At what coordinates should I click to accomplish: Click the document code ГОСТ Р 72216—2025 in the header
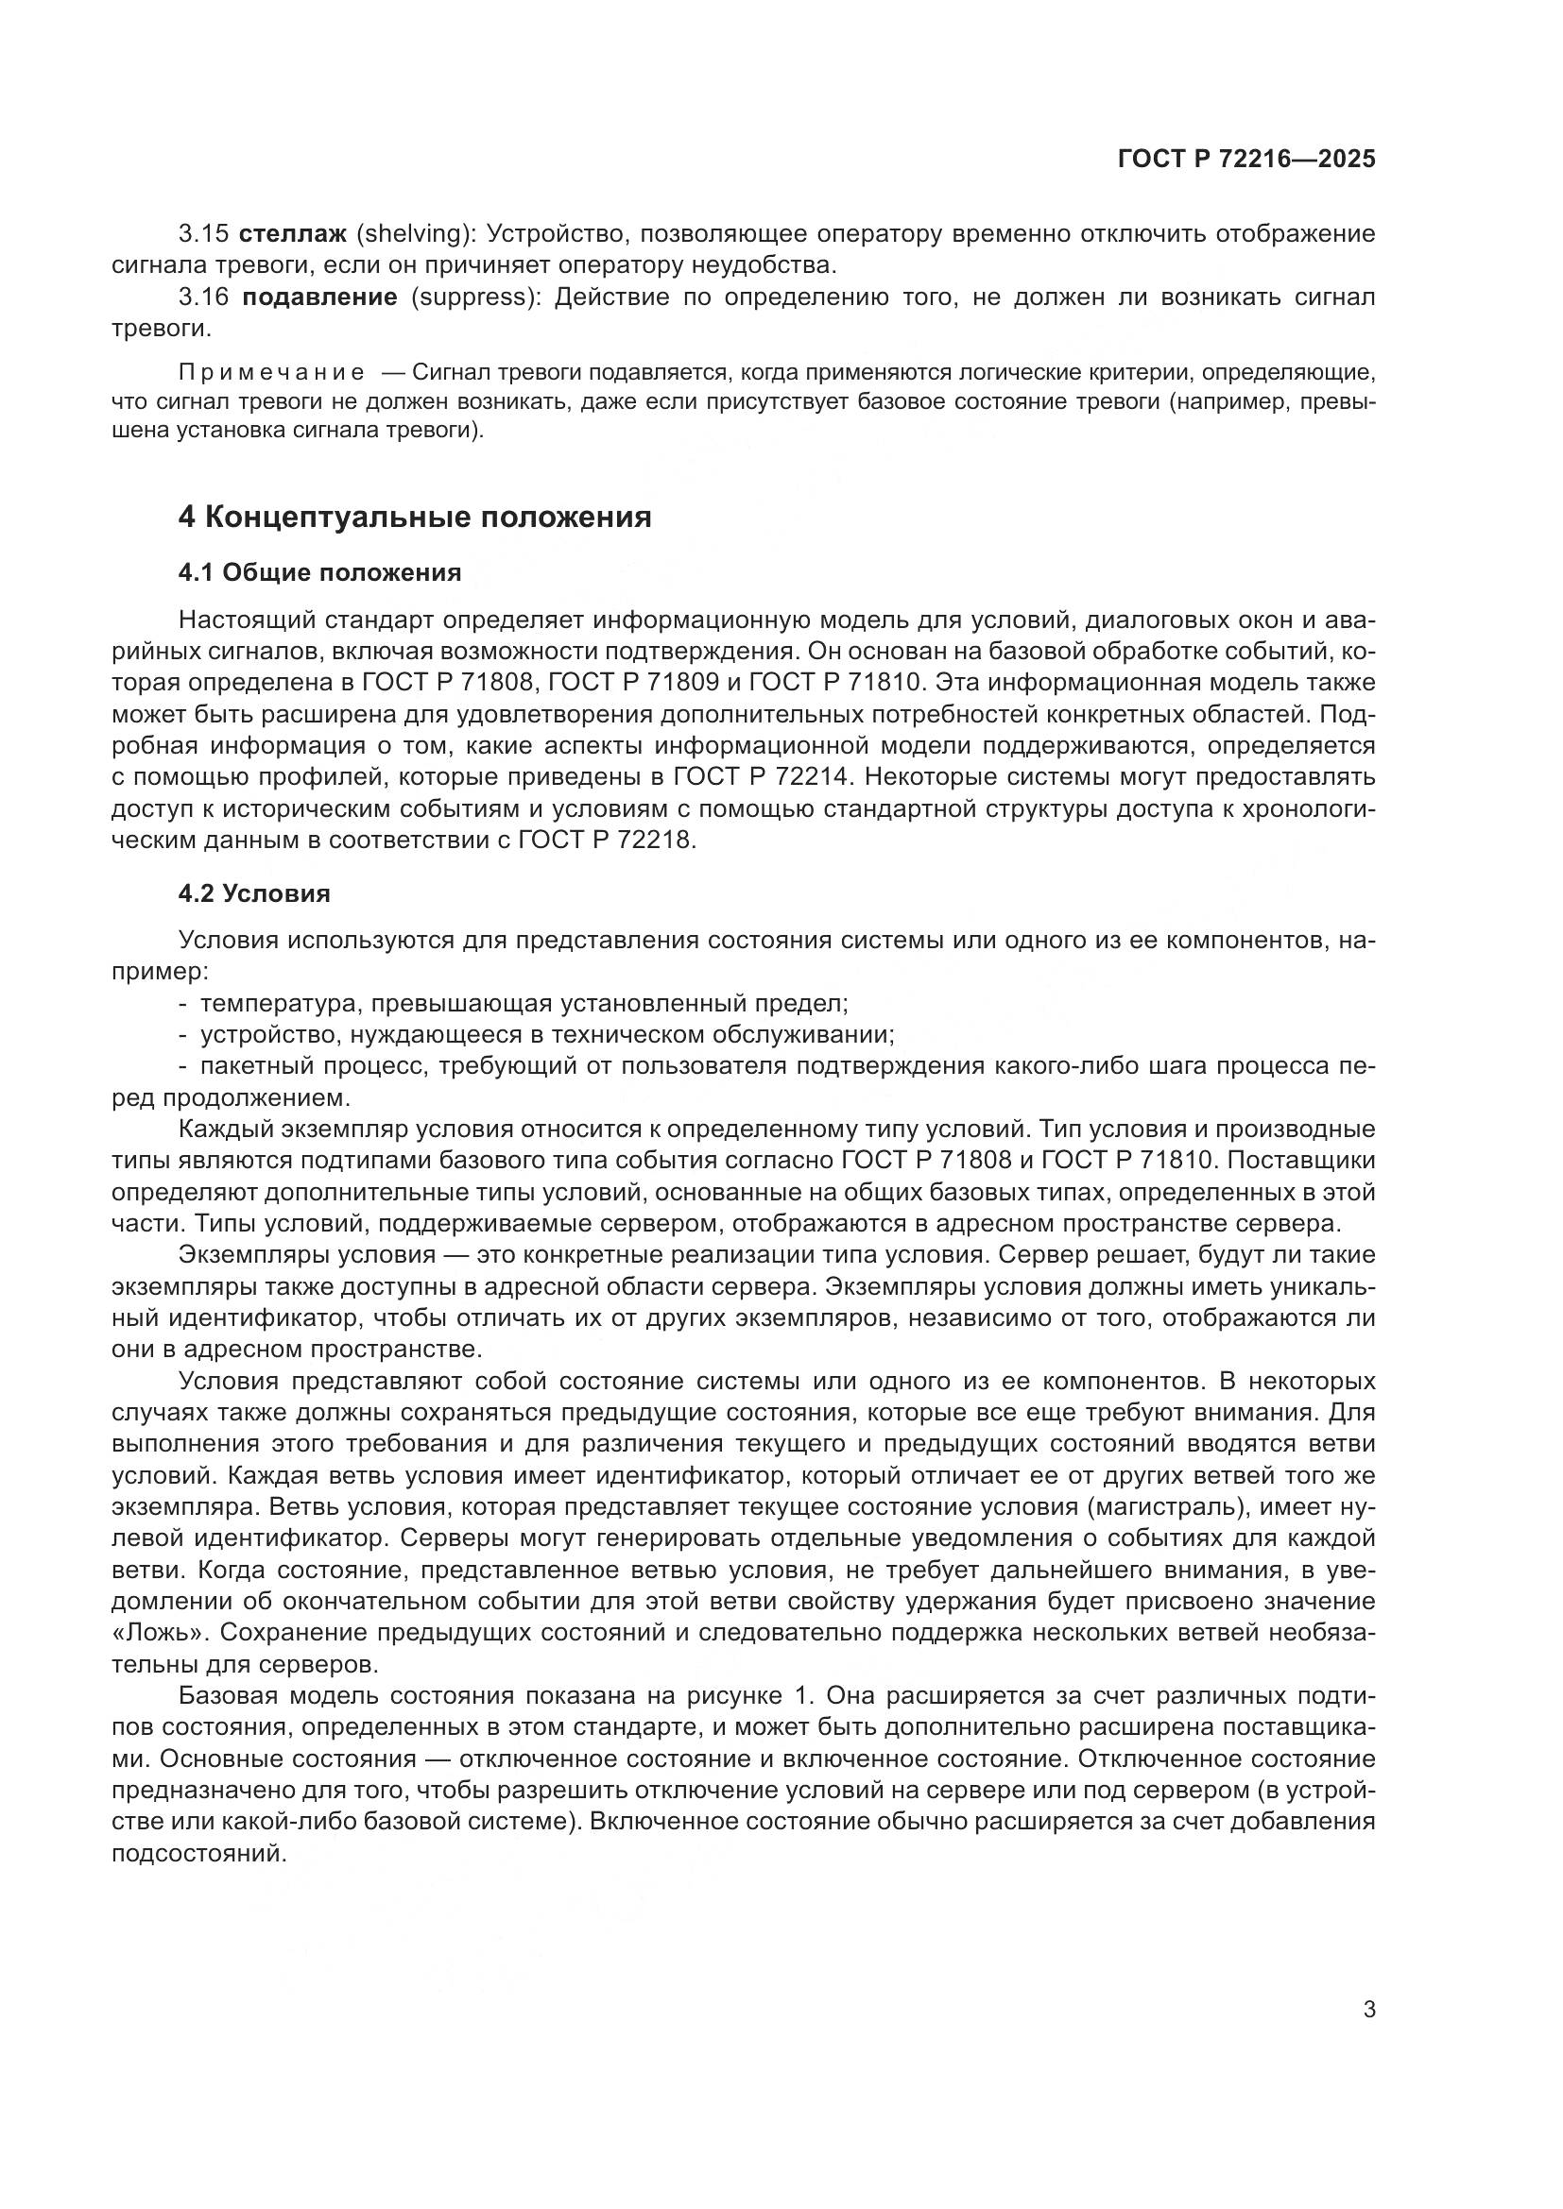[x=1246, y=159]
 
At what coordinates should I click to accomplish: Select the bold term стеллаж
[x=292, y=234]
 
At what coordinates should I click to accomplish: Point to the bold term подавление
[x=319, y=297]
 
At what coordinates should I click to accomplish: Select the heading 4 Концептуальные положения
[x=415, y=518]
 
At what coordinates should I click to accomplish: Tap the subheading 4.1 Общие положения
[x=319, y=573]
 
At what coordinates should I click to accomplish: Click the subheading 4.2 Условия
[x=254, y=893]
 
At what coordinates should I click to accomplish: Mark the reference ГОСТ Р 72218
[x=606, y=840]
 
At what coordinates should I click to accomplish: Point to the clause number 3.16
[x=203, y=297]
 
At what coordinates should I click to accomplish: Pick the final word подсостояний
[x=199, y=1854]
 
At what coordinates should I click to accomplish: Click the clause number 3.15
[x=203, y=234]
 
